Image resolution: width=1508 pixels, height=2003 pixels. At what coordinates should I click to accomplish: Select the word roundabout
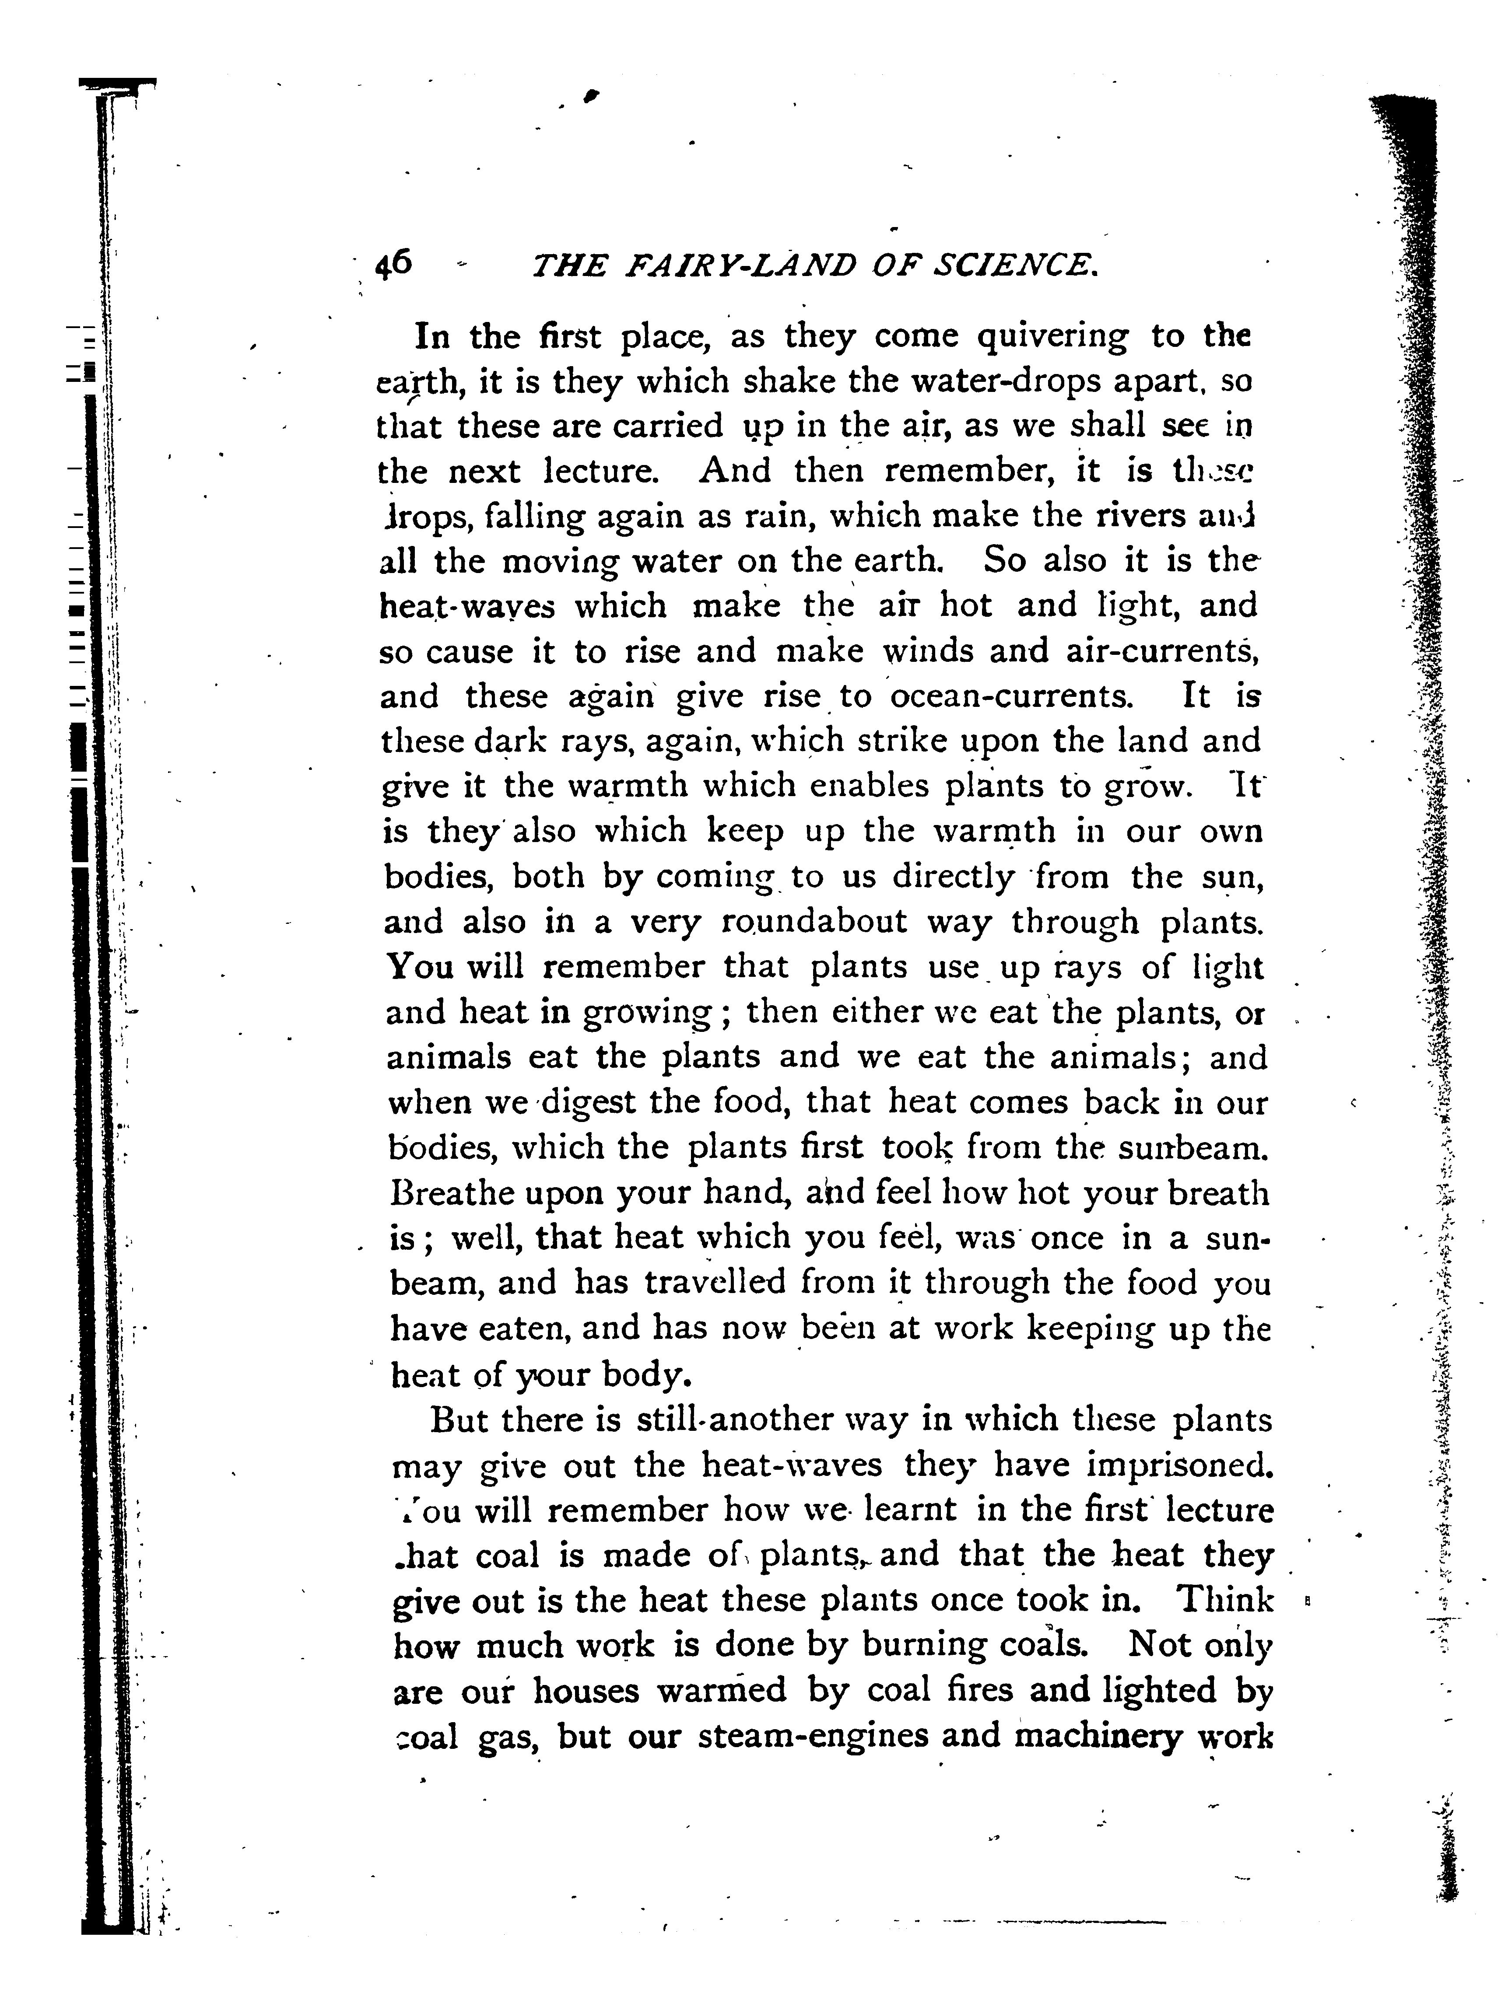(814, 922)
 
